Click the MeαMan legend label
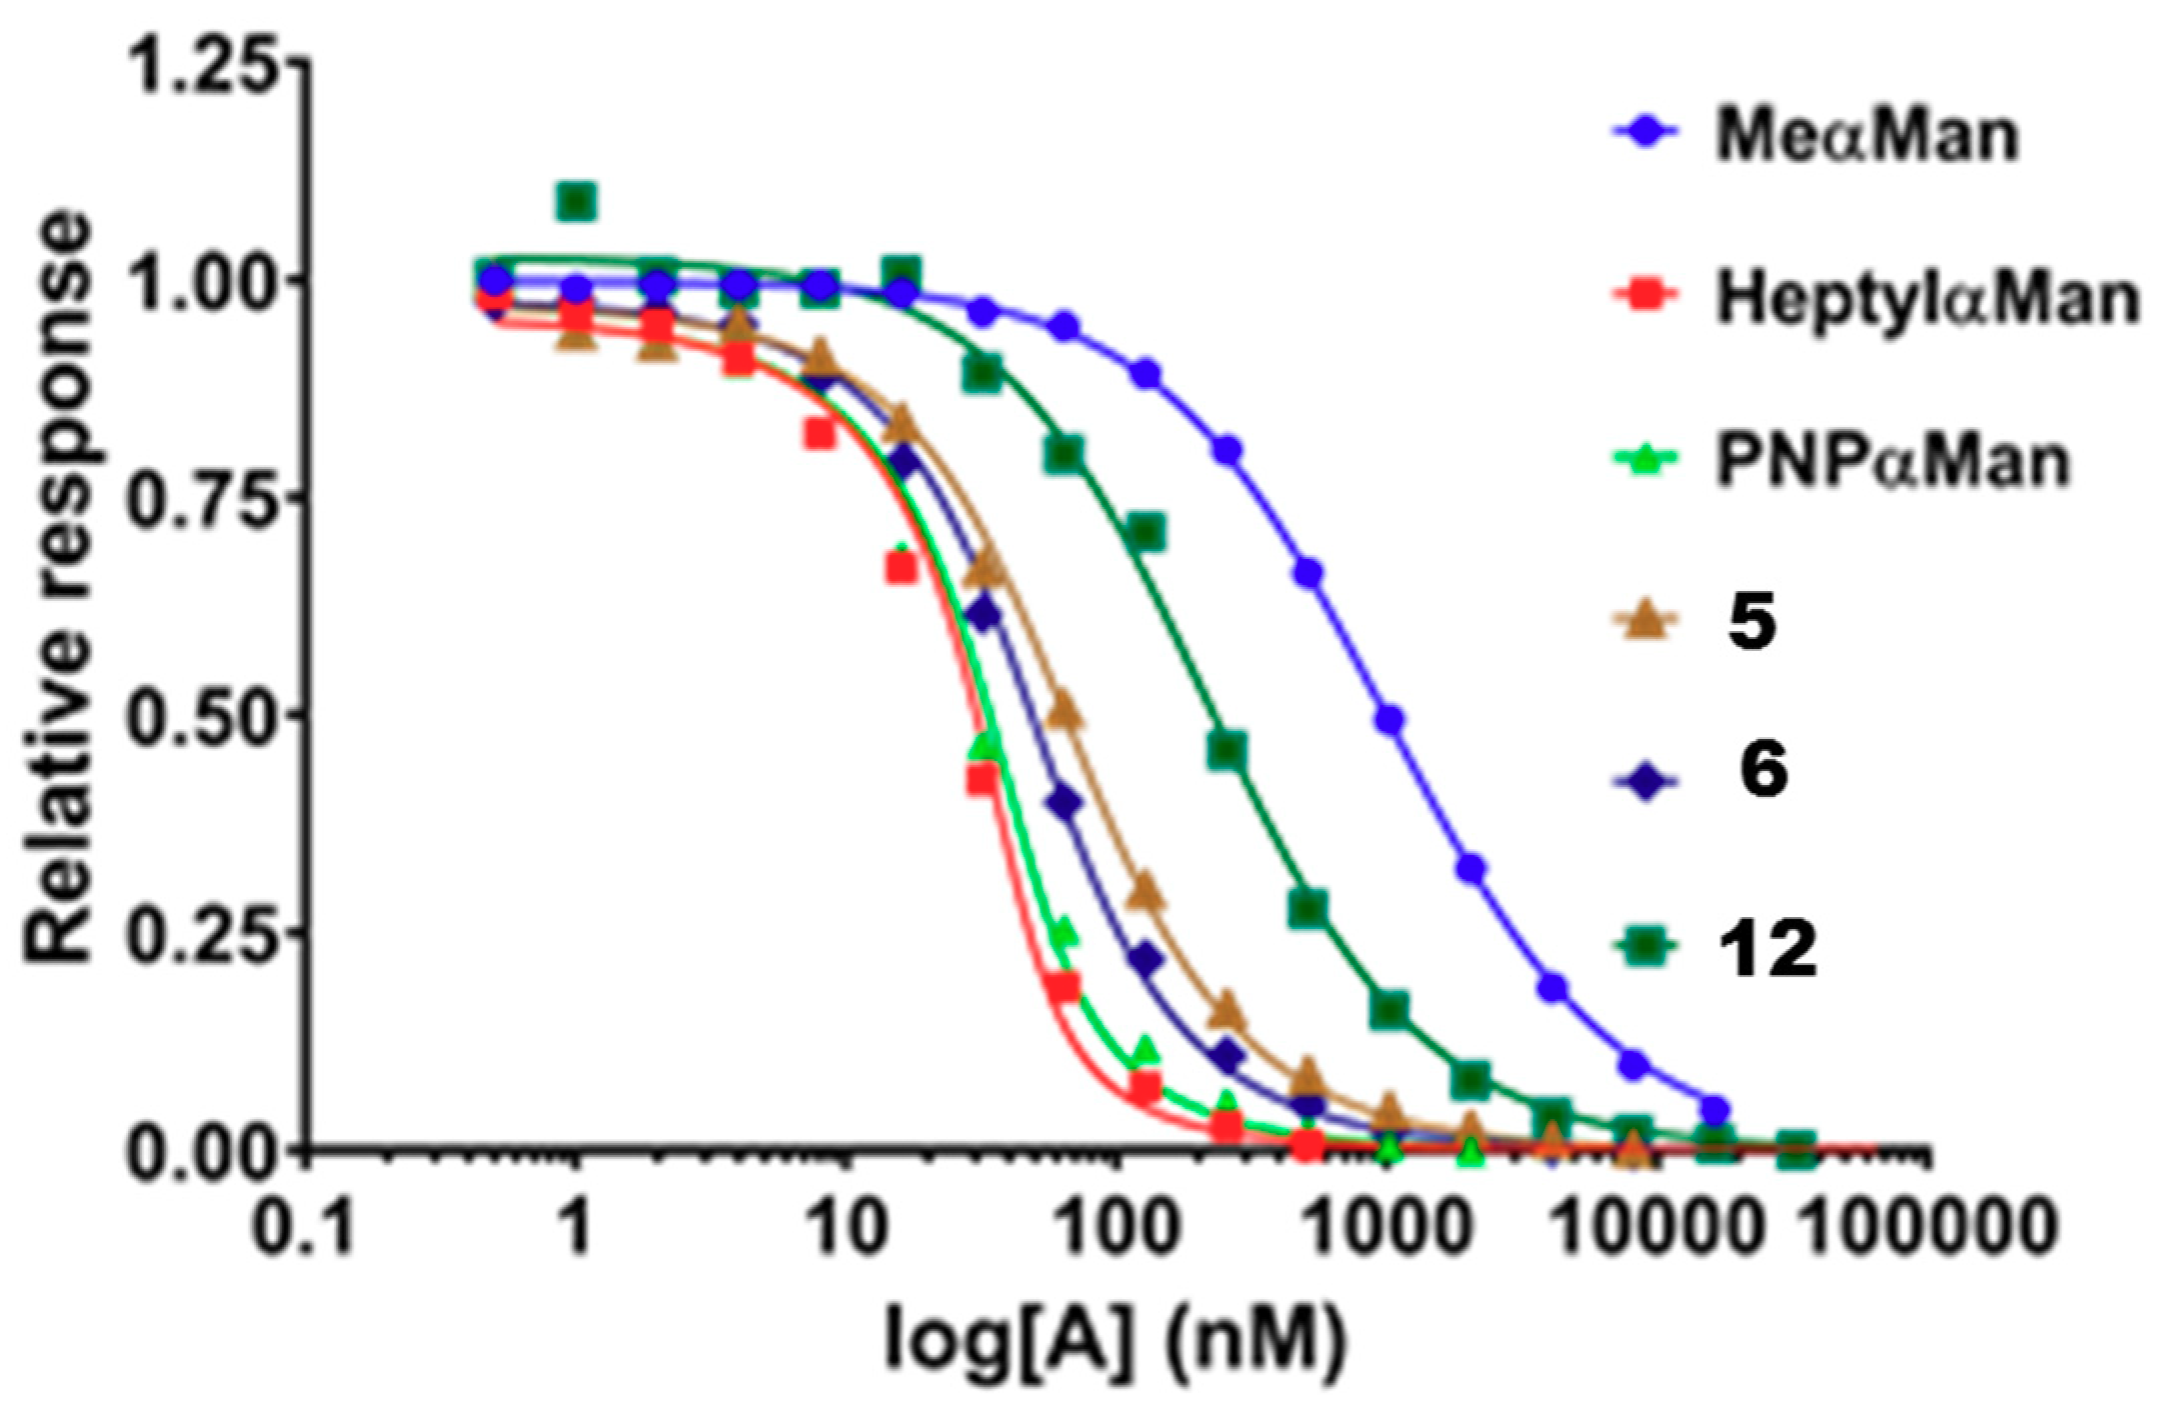1866,136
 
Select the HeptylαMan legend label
1926,298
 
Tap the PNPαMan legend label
1891,462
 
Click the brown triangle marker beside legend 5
1645,623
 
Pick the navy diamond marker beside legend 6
1645,781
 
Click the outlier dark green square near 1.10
577,202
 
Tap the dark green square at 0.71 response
1147,532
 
